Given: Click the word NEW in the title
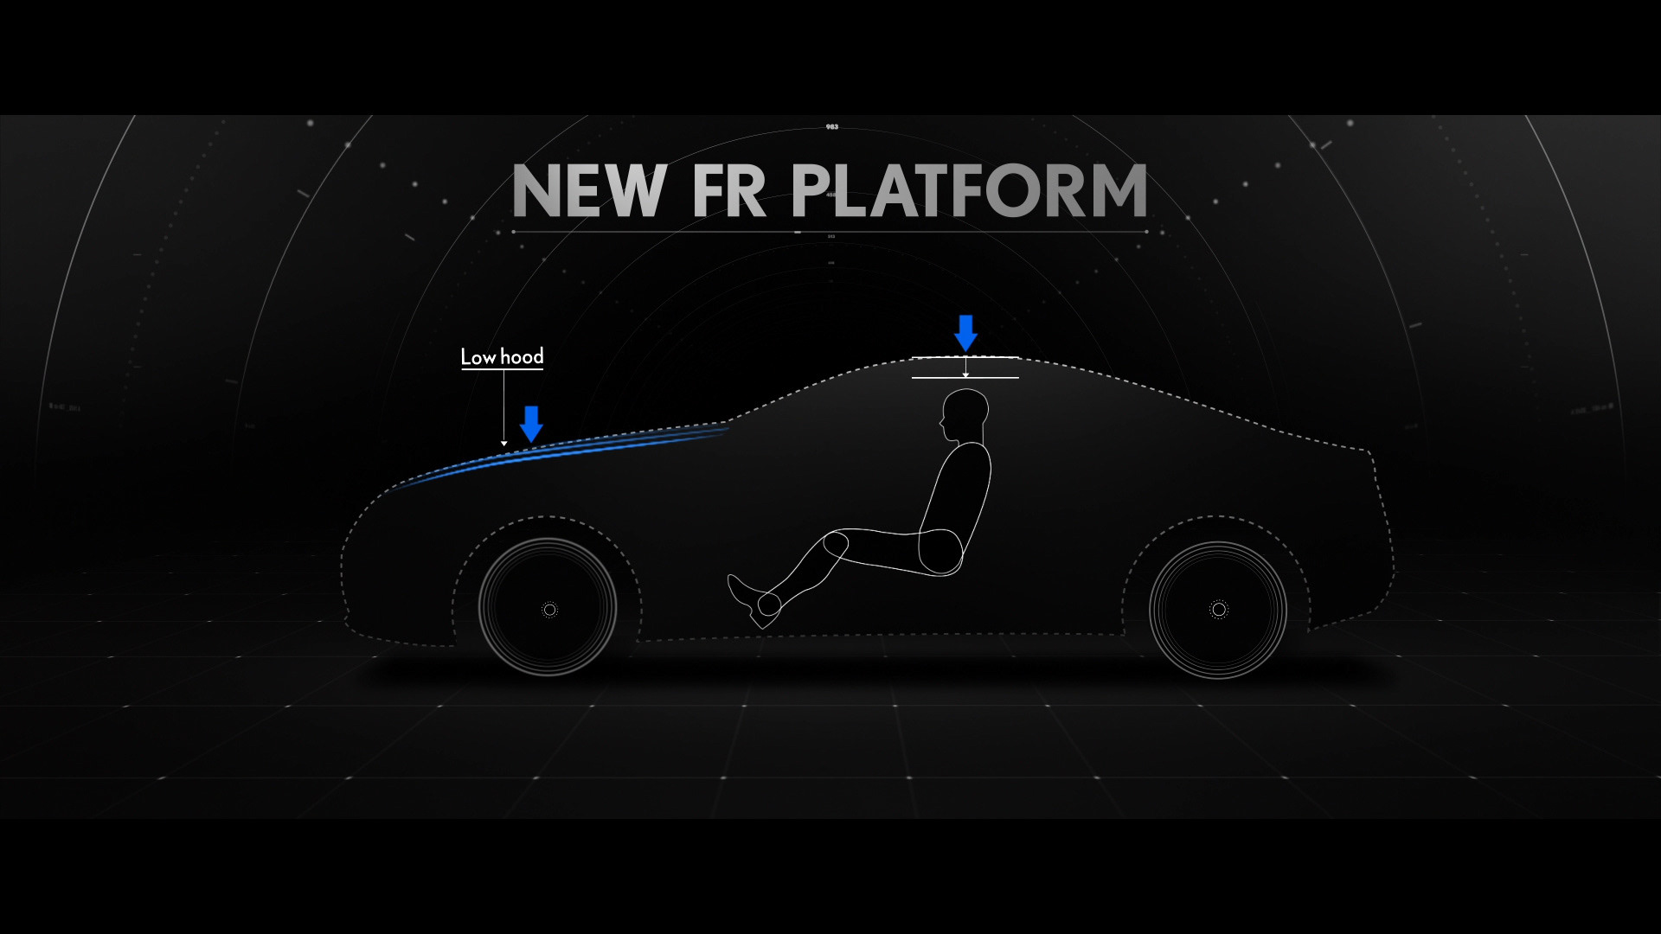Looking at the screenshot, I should (x=589, y=191).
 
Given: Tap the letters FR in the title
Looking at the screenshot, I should (x=728, y=191).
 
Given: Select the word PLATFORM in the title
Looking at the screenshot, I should (x=969, y=191).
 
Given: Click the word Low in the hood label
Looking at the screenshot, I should (x=478, y=357).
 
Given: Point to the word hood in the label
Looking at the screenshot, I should (x=522, y=356).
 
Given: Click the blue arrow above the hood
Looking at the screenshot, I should (x=531, y=424).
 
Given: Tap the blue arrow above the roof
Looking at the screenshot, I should (x=965, y=333).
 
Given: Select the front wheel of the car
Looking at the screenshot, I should (x=548, y=608).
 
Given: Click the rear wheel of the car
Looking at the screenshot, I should (x=1218, y=610).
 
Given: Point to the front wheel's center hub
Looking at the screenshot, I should (x=549, y=610).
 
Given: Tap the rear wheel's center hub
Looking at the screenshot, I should (x=1219, y=610).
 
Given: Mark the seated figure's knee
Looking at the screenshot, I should (x=834, y=545).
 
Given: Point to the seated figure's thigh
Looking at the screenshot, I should (x=891, y=550).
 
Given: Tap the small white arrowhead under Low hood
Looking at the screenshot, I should (x=504, y=444).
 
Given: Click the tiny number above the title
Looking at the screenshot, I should (x=831, y=127).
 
